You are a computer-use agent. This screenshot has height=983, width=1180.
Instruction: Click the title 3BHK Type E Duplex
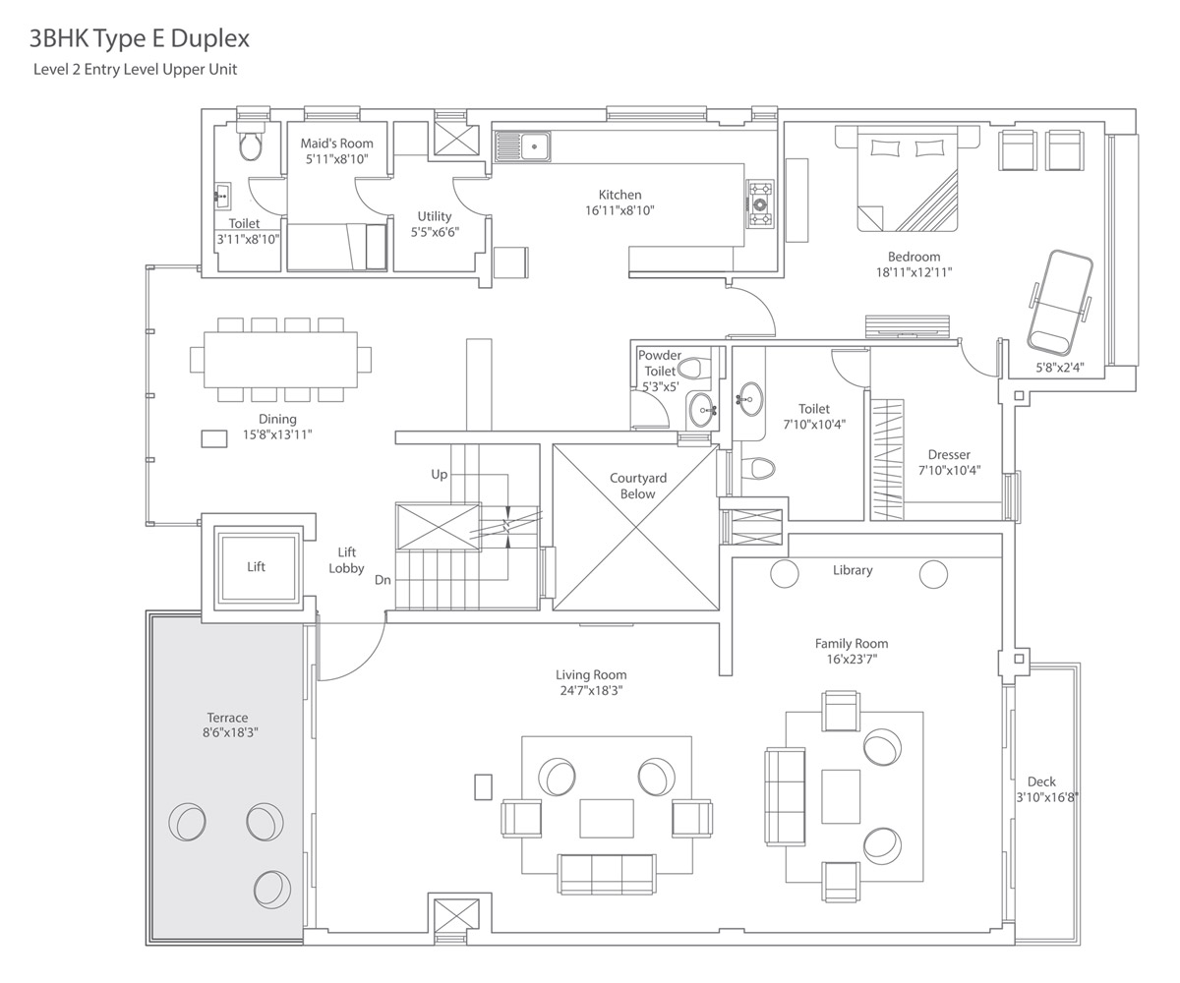click(139, 39)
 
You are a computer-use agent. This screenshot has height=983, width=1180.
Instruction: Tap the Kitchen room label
click(619, 195)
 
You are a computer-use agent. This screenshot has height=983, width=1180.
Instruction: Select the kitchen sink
click(522, 146)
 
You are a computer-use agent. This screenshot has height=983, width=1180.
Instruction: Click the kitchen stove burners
click(760, 203)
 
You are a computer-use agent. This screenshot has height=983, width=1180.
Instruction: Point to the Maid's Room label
click(337, 144)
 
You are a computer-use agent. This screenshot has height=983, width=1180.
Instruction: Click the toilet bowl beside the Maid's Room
click(251, 145)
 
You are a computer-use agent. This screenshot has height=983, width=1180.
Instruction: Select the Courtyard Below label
click(638, 486)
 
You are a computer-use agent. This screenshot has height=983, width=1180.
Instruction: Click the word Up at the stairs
click(440, 475)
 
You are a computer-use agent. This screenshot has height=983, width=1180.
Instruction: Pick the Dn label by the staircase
click(383, 580)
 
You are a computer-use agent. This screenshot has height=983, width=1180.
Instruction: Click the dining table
click(280, 360)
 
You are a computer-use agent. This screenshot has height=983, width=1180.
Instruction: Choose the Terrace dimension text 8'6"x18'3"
click(230, 732)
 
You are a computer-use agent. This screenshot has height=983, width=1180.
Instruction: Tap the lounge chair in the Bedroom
click(1060, 302)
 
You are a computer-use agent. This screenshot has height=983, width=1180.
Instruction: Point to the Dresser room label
click(949, 455)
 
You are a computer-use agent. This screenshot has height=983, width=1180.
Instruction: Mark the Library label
click(853, 570)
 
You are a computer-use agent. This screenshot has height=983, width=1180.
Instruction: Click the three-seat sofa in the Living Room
click(607, 874)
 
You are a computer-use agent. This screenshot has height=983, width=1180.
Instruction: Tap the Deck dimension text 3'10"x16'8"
click(1047, 797)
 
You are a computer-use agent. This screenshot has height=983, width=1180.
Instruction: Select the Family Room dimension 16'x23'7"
click(852, 660)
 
